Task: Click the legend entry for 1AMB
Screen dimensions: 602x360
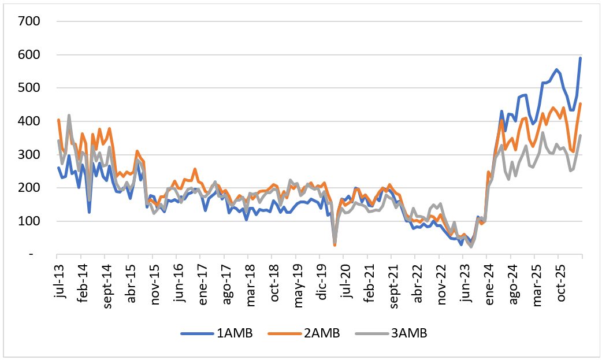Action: [217, 333]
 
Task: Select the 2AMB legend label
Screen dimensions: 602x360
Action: [304, 333]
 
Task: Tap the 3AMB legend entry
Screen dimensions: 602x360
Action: [391, 333]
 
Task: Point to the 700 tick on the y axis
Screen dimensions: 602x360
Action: [29, 21]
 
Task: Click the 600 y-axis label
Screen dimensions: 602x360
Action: [29, 54]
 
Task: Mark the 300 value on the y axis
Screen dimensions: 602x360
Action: [29, 154]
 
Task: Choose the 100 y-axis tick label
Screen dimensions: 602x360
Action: [29, 221]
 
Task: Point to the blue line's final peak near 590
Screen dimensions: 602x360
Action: [580, 58]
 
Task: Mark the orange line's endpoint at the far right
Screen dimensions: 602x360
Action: [580, 104]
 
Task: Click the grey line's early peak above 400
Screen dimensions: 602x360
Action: [69, 115]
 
